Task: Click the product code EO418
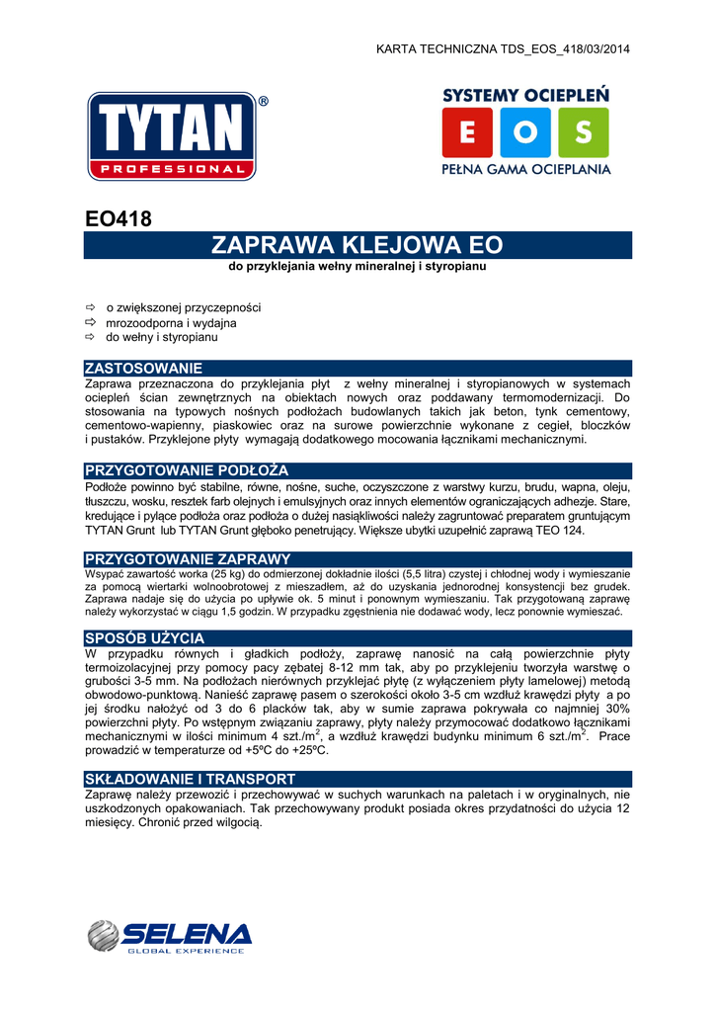coord(119,219)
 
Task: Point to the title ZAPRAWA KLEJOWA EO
coord(358,245)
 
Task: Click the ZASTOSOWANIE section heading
coord(144,368)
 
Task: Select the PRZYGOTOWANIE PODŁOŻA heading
coord(187,469)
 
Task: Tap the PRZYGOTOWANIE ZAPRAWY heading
coord(188,559)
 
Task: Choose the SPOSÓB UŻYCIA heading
coord(145,637)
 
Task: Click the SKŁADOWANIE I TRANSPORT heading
coord(191,779)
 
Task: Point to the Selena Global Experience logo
coord(169,936)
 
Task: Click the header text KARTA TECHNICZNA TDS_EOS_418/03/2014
coord(504,49)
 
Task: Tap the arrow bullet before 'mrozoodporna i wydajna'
coord(90,323)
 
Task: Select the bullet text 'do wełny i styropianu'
coord(162,337)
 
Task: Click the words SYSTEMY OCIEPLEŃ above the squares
coord(525,95)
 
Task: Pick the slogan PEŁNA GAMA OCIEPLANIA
coord(525,170)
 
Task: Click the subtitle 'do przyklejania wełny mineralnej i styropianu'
coord(358,267)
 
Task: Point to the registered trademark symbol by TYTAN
coord(263,101)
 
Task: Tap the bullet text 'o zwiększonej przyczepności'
coord(183,308)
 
